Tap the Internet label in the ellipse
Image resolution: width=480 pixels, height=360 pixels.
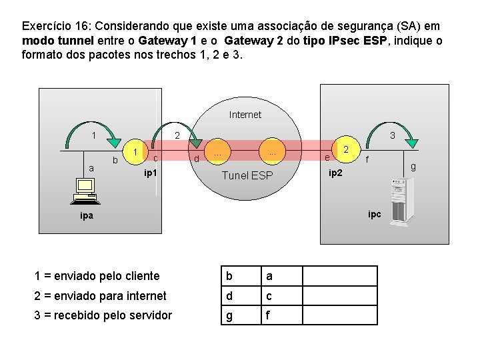point(245,115)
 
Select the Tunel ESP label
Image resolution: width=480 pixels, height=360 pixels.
point(247,175)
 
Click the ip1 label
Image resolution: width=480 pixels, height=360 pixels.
point(151,173)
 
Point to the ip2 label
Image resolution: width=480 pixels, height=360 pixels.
point(336,173)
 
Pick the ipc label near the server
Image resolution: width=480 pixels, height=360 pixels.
point(375,214)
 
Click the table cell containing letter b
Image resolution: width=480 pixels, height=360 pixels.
point(241,276)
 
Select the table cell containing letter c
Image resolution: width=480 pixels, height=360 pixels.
point(281,295)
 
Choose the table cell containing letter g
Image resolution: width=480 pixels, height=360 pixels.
point(241,315)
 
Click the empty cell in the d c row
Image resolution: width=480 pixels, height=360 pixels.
point(339,295)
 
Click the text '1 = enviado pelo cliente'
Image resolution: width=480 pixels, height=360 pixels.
point(97,276)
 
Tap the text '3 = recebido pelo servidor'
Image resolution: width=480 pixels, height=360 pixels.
point(103,315)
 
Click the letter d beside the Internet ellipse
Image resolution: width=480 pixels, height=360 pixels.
point(196,159)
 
